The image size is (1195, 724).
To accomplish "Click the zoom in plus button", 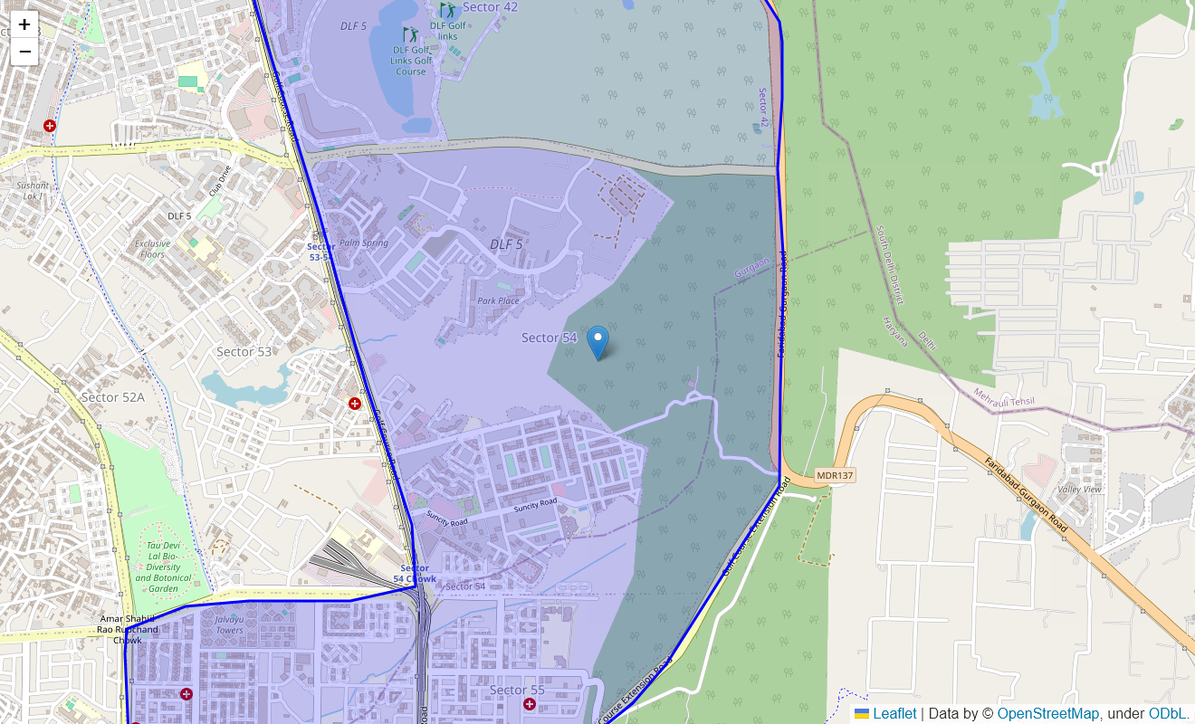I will pyautogui.click(x=24, y=24).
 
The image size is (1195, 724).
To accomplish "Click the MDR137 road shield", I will pyautogui.click(x=835, y=475).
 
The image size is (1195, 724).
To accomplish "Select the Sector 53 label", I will pyautogui.click(x=244, y=351).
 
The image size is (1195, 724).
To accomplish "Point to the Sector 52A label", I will pyautogui.click(x=112, y=396).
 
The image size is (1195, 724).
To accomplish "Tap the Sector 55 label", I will pyautogui.click(x=517, y=690).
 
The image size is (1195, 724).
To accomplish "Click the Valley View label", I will pyautogui.click(x=1080, y=489).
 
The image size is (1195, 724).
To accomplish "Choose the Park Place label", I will pyautogui.click(x=499, y=300).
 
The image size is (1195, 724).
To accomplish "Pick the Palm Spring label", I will pyautogui.click(x=363, y=243).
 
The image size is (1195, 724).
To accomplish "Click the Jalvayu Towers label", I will pyautogui.click(x=229, y=624).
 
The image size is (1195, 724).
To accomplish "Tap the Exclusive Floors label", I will pyautogui.click(x=152, y=249).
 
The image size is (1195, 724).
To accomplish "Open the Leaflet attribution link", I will pyautogui.click(x=894, y=714).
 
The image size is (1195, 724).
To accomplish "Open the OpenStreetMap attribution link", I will pyautogui.click(x=1048, y=714).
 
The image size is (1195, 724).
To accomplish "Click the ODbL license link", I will pyautogui.click(x=1167, y=714).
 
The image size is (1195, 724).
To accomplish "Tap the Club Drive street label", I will pyautogui.click(x=220, y=179).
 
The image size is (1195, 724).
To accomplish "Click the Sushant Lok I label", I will pyautogui.click(x=33, y=190).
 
